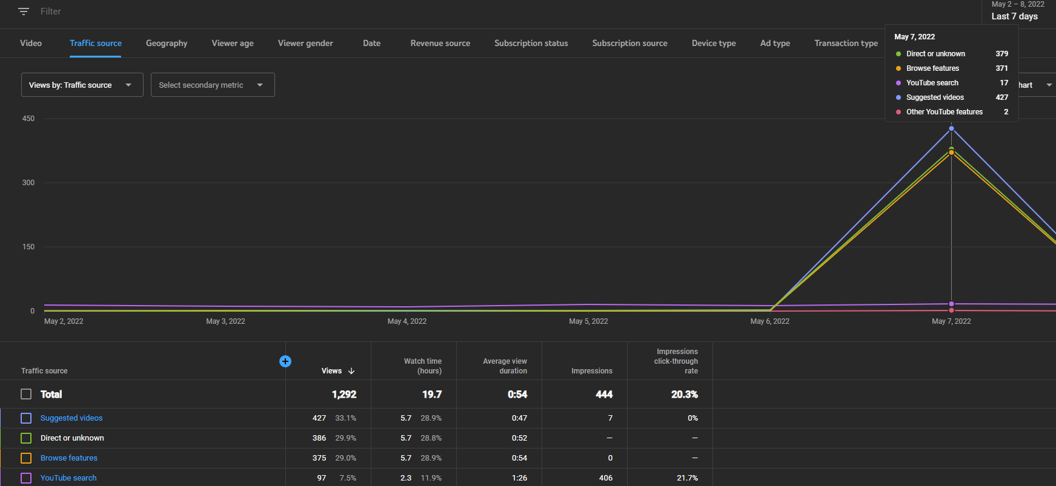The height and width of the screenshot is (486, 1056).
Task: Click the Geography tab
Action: click(x=167, y=43)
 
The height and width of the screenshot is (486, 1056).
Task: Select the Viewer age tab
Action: click(x=233, y=43)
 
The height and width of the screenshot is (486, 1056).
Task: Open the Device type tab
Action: click(x=714, y=43)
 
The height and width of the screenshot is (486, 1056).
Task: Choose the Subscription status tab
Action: click(x=531, y=43)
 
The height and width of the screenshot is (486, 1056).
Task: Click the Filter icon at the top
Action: click(x=24, y=11)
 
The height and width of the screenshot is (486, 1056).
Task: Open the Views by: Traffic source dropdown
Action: click(x=82, y=85)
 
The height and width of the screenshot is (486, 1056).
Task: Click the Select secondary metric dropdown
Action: click(x=213, y=85)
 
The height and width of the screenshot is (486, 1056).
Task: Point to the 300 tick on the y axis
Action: click(x=28, y=183)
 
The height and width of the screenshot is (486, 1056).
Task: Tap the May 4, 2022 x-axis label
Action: click(x=407, y=321)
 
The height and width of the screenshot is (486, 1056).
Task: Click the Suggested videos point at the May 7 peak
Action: click(x=951, y=128)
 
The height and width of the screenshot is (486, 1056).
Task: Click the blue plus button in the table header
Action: click(x=285, y=361)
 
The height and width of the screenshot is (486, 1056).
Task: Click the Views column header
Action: click(x=331, y=371)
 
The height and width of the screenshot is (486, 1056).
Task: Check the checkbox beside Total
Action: click(x=26, y=394)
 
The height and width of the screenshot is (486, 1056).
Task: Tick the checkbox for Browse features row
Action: click(x=26, y=458)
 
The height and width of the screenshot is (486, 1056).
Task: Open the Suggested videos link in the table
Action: click(x=71, y=418)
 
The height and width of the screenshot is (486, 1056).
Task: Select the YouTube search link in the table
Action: click(x=68, y=478)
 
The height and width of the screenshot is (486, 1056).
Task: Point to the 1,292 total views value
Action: click(x=344, y=394)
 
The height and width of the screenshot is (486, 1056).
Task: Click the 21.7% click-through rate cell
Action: click(x=687, y=478)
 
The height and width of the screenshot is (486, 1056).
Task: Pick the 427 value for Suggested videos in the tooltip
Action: click(x=1002, y=97)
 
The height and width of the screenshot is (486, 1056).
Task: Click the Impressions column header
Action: click(x=592, y=371)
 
